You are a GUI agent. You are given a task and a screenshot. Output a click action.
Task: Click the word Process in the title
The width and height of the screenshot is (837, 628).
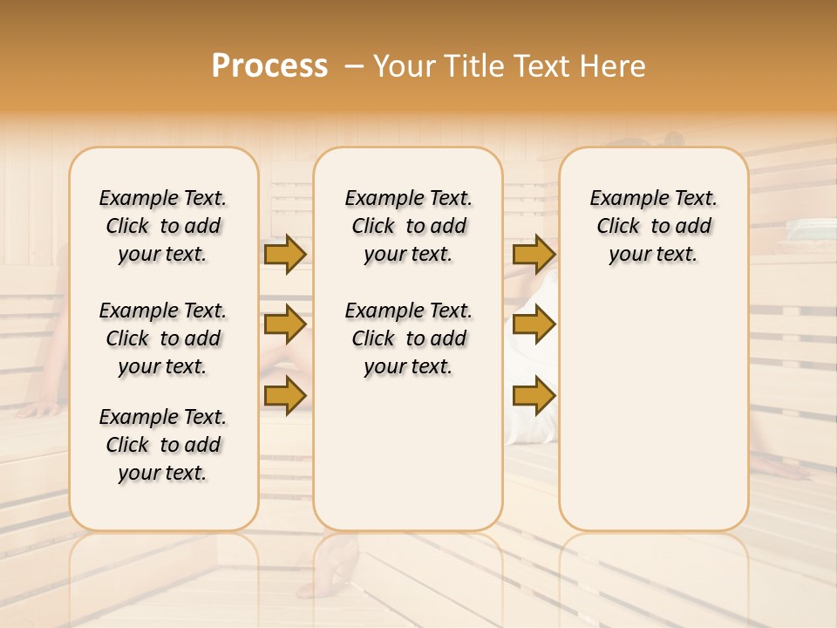269,66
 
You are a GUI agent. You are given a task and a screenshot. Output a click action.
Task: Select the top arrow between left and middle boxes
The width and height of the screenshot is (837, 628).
284,255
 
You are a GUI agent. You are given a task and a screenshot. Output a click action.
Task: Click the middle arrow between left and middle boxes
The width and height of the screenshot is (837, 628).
284,324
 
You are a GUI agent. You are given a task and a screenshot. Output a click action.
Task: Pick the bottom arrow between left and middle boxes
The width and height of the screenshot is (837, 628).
284,394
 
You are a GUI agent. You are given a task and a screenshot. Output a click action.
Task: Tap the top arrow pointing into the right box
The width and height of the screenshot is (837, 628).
534,255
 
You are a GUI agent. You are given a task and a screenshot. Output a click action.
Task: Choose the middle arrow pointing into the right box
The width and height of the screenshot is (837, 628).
534,324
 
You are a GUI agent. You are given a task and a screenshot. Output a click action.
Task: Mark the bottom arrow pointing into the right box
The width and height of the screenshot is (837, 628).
534,396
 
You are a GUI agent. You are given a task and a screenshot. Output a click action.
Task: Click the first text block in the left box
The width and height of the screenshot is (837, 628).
163,226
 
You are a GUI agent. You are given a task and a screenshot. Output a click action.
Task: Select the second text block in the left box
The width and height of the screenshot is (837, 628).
163,338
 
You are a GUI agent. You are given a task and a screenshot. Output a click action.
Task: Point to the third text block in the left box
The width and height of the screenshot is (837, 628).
163,445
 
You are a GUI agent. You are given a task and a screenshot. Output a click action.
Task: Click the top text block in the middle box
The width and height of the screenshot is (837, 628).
409,226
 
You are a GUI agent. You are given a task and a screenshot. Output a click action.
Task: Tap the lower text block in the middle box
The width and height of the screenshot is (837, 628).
409,338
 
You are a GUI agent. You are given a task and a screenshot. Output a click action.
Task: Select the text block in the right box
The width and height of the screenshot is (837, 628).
654,226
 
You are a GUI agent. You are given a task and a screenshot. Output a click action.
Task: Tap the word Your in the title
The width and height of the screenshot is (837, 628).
405,66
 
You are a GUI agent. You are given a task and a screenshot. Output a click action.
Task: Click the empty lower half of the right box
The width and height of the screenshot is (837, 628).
654,419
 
